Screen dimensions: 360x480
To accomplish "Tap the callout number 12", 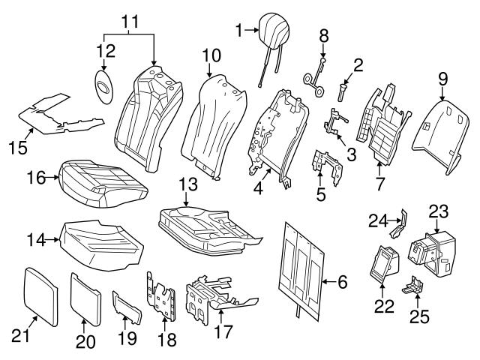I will [105, 50].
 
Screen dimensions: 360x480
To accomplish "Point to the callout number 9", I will [442, 77].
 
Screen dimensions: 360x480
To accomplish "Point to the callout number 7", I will [381, 182].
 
